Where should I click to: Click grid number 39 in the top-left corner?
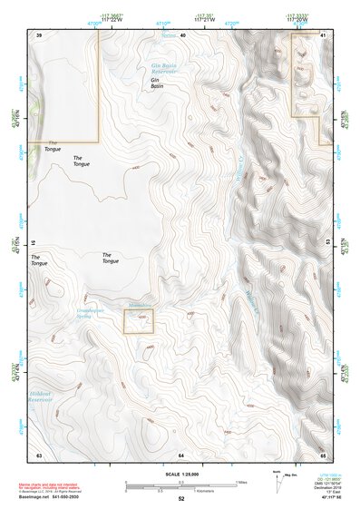[x=39, y=34]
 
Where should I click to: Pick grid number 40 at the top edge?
[x=181, y=34]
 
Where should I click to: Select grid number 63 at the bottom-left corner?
[x=39, y=454]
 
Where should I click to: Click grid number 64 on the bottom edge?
[x=181, y=454]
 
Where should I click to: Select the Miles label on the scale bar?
[x=240, y=483]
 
